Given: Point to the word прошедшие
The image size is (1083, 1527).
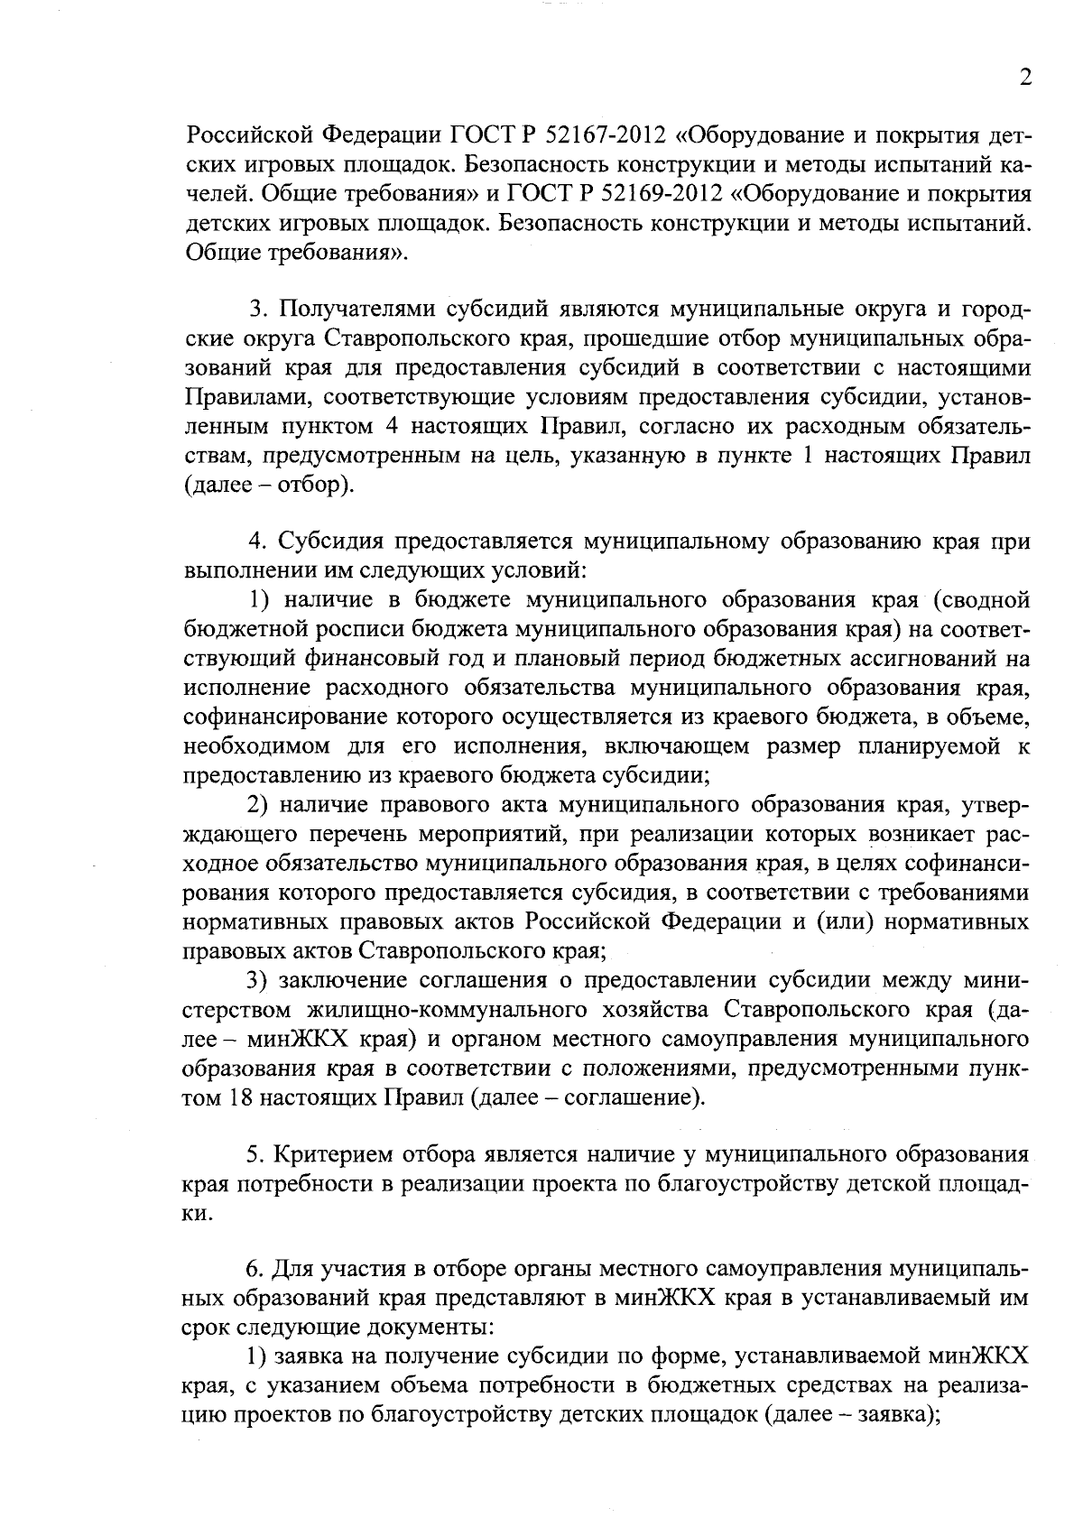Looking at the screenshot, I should tap(634, 340).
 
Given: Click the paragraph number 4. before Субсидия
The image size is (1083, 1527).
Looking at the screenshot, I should tap(258, 543).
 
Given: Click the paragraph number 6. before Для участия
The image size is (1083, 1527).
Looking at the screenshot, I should tap(257, 1272).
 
